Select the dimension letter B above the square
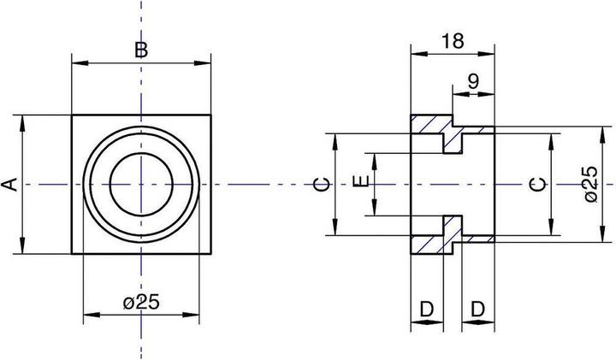point(141,50)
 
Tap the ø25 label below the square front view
point(141,303)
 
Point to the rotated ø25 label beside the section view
point(591,184)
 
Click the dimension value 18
point(453,41)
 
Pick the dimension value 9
point(474,81)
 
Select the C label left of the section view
point(322,185)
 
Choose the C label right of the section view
point(537,185)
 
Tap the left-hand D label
point(427,310)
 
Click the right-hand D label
point(477,310)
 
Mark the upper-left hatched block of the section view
point(431,124)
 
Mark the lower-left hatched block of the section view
point(431,245)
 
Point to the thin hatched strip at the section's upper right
point(477,130)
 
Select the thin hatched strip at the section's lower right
point(477,239)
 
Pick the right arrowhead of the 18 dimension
point(486,54)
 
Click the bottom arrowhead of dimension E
point(375,207)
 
